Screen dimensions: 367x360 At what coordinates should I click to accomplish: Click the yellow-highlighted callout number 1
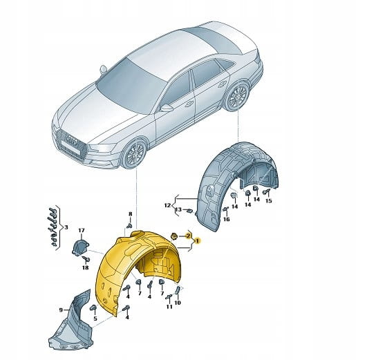[197, 241]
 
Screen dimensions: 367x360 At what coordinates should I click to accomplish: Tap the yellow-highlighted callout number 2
[188, 236]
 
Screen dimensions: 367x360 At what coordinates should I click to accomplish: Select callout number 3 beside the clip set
[66, 227]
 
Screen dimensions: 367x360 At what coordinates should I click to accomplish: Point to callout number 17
[81, 231]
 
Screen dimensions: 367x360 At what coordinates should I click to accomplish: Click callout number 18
[86, 267]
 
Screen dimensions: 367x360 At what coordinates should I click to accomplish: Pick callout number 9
[61, 310]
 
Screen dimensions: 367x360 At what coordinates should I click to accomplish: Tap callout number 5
[95, 319]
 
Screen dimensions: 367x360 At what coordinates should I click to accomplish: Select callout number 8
[131, 214]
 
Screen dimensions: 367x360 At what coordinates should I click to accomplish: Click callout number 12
[167, 205]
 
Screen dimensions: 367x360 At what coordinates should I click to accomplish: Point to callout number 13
[178, 209]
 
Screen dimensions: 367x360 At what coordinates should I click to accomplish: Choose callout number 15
[269, 201]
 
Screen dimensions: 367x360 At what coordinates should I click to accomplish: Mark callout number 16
[226, 219]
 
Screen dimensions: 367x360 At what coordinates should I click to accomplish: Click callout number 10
[178, 303]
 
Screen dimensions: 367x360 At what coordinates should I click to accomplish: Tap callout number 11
[169, 306]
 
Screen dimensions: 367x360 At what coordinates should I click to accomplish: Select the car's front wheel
[134, 154]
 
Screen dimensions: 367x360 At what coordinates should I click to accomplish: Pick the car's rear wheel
[237, 96]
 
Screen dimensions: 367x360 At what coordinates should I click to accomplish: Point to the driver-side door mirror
[167, 108]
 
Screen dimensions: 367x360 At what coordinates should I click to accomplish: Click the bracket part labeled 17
[80, 247]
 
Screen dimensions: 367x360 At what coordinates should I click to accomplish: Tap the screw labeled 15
[266, 192]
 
